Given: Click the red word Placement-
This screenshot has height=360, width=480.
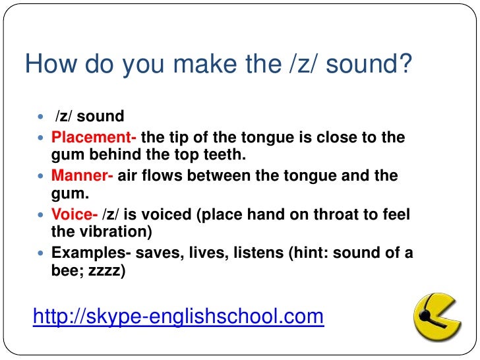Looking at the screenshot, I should click(x=94, y=138).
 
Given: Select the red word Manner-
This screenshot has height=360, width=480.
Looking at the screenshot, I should click(x=82, y=176).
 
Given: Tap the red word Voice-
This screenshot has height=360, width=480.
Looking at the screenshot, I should click(x=75, y=214).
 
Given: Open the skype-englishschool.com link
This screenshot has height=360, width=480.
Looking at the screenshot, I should click(x=178, y=317).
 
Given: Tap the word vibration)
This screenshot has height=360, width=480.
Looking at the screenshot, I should click(x=119, y=232).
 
